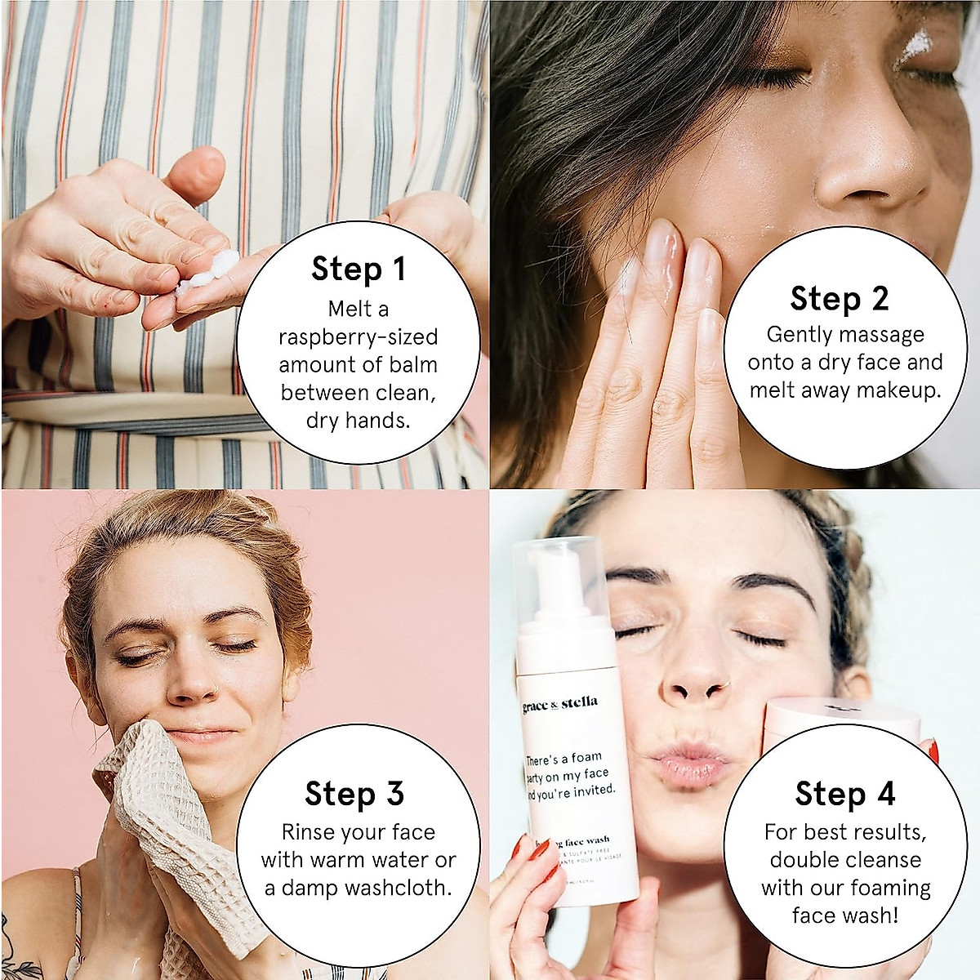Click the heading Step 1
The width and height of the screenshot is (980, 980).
tap(358, 269)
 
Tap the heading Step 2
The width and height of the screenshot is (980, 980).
tap(839, 299)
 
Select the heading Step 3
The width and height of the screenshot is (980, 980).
tap(354, 793)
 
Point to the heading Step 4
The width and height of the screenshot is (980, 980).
tap(844, 793)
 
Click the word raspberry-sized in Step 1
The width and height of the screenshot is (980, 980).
tap(358, 337)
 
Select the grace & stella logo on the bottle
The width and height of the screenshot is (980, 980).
tap(560, 703)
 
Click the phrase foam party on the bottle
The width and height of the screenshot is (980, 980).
tap(572, 766)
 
